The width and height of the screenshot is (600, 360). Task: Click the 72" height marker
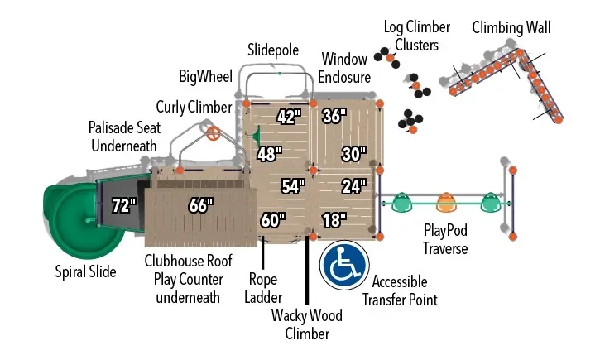click(124, 205)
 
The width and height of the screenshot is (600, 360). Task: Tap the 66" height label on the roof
click(200, 205)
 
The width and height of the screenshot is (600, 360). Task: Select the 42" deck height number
click(289, 117)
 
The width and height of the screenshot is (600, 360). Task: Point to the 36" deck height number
click(334, 116)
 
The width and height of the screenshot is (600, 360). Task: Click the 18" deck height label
click(334, 220)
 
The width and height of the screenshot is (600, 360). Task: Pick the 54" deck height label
click(293, 186)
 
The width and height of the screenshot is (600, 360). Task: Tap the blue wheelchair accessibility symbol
click(344, 265)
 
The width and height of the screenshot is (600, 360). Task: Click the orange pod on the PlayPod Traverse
click(445, 202)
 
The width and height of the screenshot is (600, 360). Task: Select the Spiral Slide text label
click(85, 271)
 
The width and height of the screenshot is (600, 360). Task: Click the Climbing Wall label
click(511, 28)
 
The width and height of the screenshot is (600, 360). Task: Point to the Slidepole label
click(273, 50)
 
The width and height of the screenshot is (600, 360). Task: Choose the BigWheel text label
click(205, 76)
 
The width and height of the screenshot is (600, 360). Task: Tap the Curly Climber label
click(194, 107)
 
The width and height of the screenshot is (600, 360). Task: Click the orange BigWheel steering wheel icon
click(214, 133)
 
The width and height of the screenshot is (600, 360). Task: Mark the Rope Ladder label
click(263, 288)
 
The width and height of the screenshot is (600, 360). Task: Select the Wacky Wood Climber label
click(307, 324)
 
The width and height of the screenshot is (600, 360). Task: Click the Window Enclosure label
click(344, 68)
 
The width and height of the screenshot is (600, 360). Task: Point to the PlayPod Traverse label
click(445, 239)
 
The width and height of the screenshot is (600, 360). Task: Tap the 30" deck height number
click(354, 154)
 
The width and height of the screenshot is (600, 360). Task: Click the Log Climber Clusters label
click(417, 36)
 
